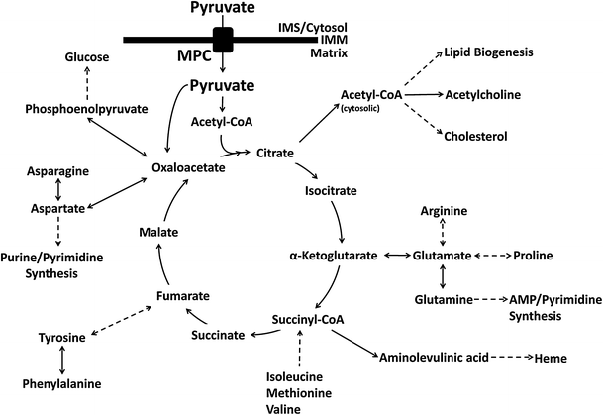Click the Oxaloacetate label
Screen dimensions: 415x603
click(189, 167)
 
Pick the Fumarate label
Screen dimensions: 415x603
click(183, 295)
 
